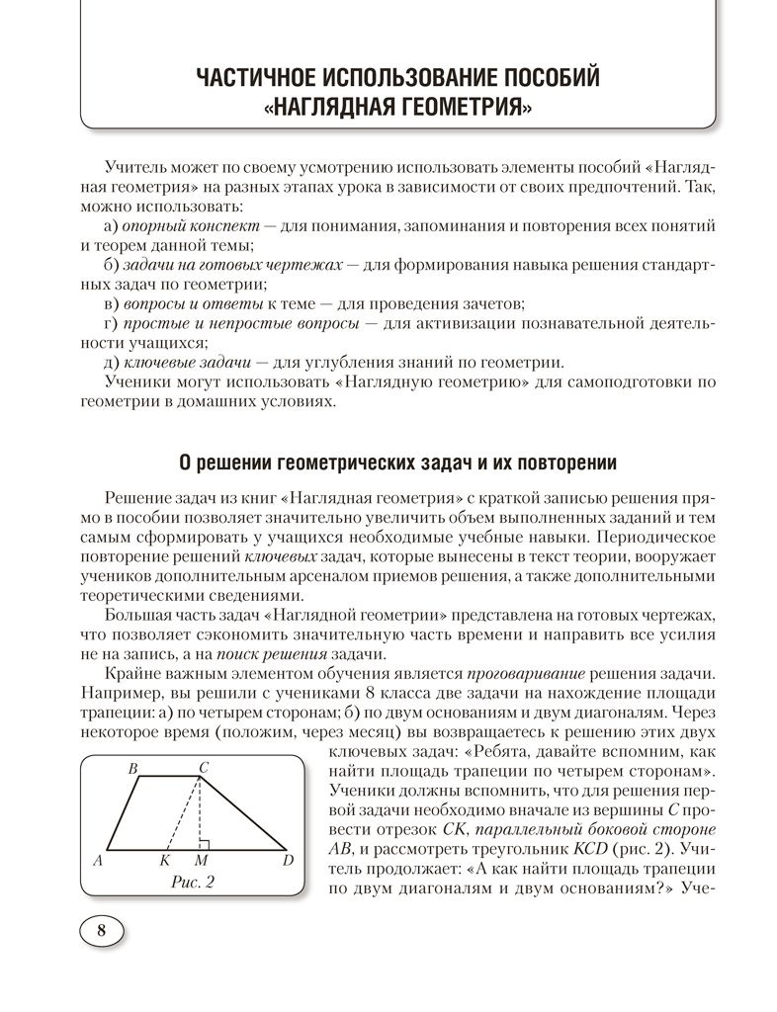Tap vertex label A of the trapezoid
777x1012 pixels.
(98, 861)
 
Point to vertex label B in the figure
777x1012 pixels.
(133, 768)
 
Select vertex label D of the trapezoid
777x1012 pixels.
(288, 861)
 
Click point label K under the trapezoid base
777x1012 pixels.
(165, 861)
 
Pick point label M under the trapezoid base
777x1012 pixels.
(202, 861)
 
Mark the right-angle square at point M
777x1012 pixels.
(205, 843)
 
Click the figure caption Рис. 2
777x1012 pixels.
(193, 882)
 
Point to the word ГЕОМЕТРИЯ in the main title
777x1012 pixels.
(455, 107)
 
